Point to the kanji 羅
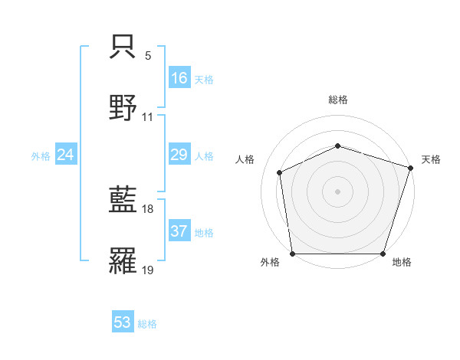click(x=123, y=260)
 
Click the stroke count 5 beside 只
click(x=148, y=56)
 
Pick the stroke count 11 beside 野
click(x=148, y=117)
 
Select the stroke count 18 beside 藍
click(x=148, y=209)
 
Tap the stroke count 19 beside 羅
click(x=148, y=270)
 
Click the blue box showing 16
click(x=179, y=77)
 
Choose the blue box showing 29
click(x=179, y=155)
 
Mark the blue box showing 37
click(x=179, y=231)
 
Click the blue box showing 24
click(x=65, y=155)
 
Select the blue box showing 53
click(x=123, y=322)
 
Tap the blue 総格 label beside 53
click(x=147, y=324)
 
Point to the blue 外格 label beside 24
click(x=41, y=155)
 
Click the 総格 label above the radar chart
click(x=337, y=100)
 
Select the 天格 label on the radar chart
click(x=431, y=159)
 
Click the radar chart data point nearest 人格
click(x=280, y=172)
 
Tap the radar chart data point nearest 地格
click(x=383, y=254)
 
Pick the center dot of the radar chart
click(x=337, y=191)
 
